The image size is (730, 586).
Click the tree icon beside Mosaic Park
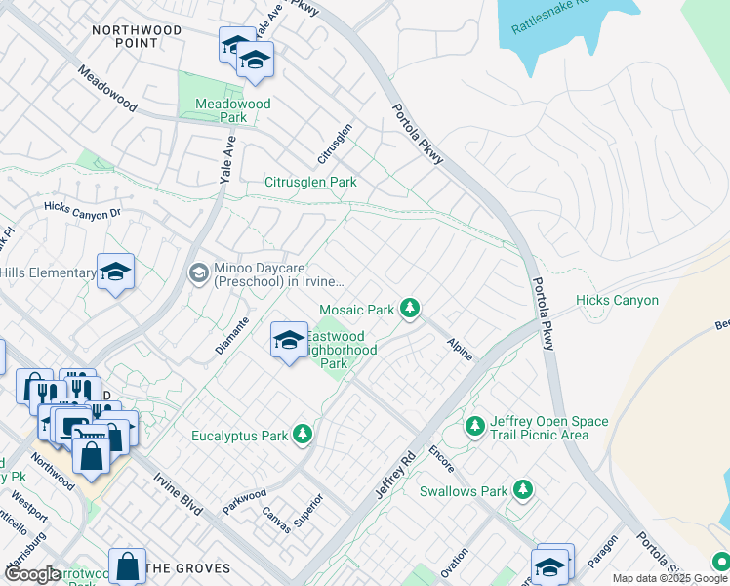pyautogui.click(x=411, y=310)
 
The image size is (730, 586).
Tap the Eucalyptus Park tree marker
pyautogui.click(x=303, y=434)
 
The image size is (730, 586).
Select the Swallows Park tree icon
pyautogui.click(x=524, y=489)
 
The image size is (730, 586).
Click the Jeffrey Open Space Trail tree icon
pyautogui.click(x=475, y=426)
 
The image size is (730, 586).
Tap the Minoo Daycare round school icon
pyautogui.click(x=199, y=272)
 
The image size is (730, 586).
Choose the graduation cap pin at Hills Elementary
pyautogui.click(x=115, y=272)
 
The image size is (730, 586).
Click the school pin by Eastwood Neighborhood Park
pyautogui.click(x=288, y=341)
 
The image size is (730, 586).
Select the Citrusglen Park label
pyautogui.click(x=310, y=182)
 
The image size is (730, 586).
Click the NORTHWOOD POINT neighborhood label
pyautogui.click(x=137, y=37)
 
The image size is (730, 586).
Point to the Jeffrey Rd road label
pyautogui.click(x=395, y=475)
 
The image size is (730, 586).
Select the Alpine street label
pyautogui.click(x=459, y=349)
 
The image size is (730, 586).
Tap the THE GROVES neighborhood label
pyautogui.click(x=187, y=567)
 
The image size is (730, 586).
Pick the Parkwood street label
pyautogui.click(x=244, y=498)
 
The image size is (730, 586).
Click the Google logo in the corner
pyautogui.click(x=31, y=574)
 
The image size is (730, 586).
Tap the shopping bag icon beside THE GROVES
pyautogui.click(x=127, y=565)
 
